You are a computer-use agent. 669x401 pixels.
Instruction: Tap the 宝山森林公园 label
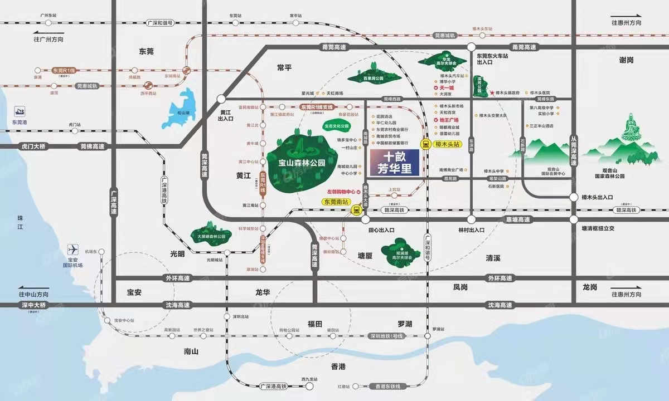[301, 164]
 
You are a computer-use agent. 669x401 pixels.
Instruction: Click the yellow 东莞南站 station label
[337, 202]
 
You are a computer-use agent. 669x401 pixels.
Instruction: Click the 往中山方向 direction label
[33, 294]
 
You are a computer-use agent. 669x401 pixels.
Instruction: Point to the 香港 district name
[338, 366]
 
